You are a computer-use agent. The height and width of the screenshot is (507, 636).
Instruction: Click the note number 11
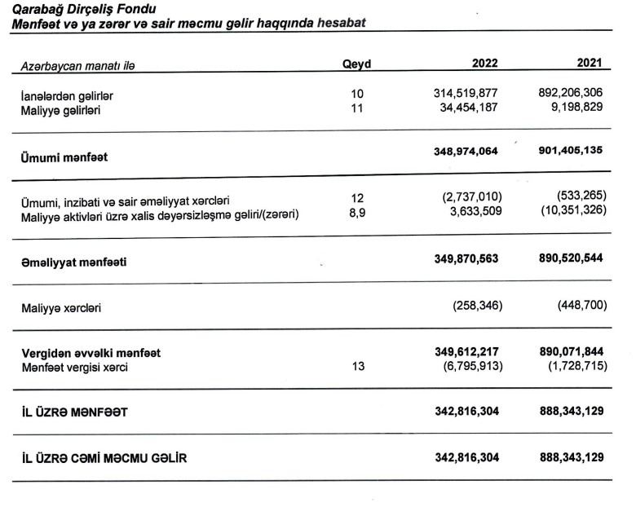pyautogui.click(x=356, y=108)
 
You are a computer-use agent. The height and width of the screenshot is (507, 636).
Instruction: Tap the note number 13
pyautogui.click(x=356, y=367)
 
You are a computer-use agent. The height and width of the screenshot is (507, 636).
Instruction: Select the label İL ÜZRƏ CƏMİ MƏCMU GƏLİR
pyautogui.click(x=104, y=458)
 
